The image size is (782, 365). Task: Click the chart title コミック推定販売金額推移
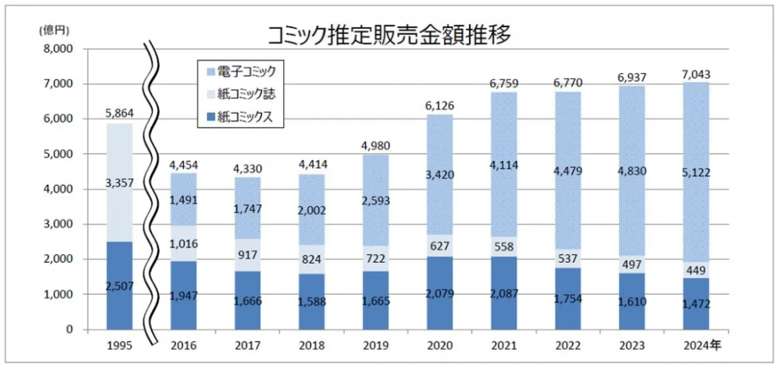390,33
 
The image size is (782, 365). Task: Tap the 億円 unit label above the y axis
54,31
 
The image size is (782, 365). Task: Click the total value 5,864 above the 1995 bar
119,114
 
